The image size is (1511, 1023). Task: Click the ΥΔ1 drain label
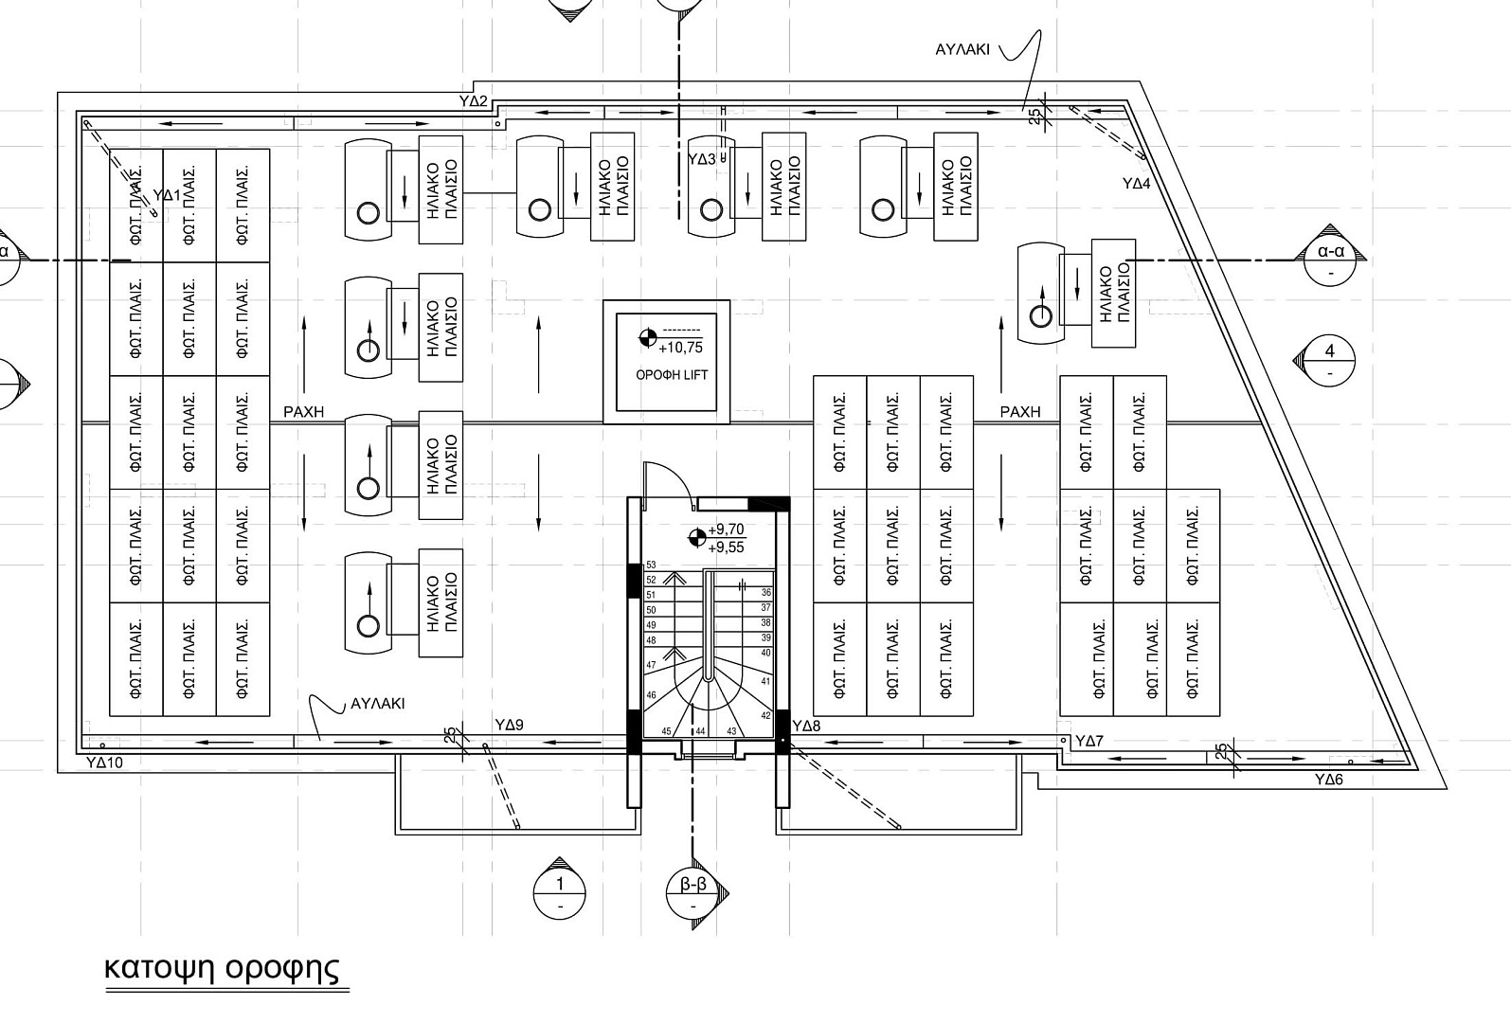coord(167,195)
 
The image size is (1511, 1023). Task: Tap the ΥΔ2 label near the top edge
coord(473,101)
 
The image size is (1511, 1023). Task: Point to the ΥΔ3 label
coord(702,160)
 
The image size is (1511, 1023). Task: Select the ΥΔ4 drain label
coord(1137,184)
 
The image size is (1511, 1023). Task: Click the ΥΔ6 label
coord(1329,780)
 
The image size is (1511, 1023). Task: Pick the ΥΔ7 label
coord(1089,741)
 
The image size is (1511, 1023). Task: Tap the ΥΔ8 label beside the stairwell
coord(807,727)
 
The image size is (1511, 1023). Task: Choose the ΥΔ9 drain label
coord(510,725)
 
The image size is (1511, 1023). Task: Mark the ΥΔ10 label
coord(105,763)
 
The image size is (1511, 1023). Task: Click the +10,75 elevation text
coord(680,348)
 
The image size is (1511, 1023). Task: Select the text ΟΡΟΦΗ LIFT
coord(672,375)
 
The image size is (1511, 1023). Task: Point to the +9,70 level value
coord(727,530)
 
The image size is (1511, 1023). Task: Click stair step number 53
coord(651,565)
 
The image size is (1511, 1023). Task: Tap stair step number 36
coord(766,593)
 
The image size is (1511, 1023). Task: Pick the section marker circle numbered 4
coord(1329,361)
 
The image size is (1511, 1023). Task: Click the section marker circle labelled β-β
coord(693,893)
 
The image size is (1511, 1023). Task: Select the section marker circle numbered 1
coord(559,893)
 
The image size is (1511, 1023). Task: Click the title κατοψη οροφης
coord(222,968)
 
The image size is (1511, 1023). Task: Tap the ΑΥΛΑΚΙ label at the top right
coord(962,49)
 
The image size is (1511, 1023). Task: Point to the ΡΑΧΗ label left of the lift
coord(303,411)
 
